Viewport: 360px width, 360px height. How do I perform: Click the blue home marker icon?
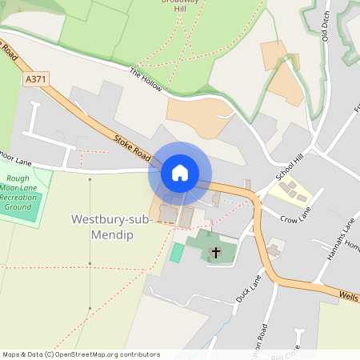click(180, 173)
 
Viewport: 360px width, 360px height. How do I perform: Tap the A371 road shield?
click(35, 80)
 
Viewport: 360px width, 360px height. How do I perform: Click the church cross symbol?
click(214, 254)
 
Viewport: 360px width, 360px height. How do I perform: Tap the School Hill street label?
click(289, 166)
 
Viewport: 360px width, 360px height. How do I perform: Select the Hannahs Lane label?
click(334, 254)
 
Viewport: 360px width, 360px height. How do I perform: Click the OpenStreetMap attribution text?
click(81, 354)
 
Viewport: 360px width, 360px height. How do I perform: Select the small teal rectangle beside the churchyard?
click(177, 253)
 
